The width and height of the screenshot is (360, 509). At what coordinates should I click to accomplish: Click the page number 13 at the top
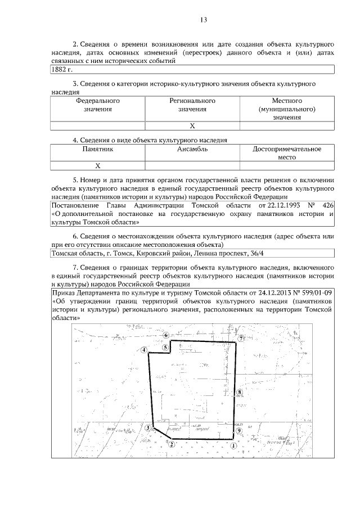204,20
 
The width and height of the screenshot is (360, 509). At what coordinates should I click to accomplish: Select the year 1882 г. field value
62,70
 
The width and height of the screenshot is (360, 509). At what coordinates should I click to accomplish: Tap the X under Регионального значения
192,125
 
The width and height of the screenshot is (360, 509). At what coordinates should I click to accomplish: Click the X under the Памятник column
98,166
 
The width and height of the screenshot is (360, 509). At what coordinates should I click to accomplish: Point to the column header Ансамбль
192,150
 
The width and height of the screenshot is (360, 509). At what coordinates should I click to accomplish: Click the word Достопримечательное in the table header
287,150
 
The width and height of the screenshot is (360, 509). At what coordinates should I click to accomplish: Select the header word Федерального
98,101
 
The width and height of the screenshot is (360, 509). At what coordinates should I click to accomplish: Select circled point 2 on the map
170,443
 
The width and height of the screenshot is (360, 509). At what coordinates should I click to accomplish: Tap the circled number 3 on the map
148,428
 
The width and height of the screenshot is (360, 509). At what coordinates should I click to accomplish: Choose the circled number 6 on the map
165,335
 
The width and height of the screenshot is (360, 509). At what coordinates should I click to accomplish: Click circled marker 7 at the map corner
240,339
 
